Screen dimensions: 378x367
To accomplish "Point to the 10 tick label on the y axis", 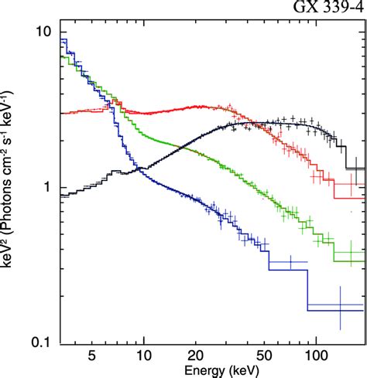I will click(46, 32).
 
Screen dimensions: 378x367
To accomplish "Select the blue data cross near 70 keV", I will click(290, 262).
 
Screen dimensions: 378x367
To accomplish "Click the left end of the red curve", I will click(62, 114).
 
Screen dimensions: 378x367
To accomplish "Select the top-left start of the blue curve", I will click(63, 39).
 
